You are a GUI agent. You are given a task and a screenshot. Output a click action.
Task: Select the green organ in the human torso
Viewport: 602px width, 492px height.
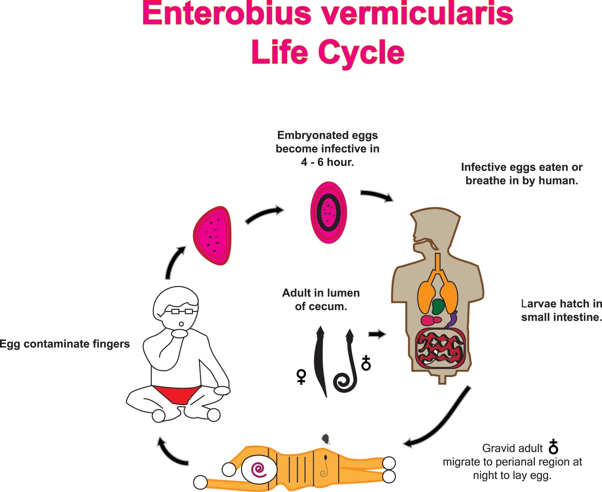click(437, 306)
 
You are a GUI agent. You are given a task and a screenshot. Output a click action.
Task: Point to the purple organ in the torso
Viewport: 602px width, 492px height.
click(453, 319)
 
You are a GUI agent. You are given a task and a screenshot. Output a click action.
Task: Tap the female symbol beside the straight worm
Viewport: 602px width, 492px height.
click(301, 377)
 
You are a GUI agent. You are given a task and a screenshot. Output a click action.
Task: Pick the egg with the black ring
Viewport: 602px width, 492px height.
click(328, 212)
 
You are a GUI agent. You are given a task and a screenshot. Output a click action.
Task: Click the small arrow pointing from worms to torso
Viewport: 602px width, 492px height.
click(377, 334)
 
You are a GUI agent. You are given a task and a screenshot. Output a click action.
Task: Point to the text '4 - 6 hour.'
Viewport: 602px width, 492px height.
click(327, 162)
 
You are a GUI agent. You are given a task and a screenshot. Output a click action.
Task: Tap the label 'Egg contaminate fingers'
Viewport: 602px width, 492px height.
click(65, 344)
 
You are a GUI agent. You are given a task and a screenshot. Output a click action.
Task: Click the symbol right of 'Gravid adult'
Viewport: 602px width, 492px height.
click(553, 447)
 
